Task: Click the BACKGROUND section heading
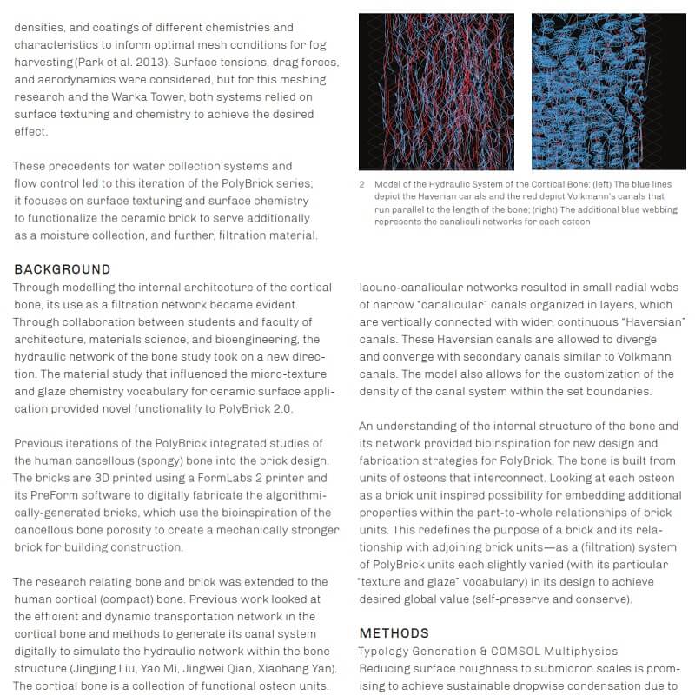[x=63, y=269]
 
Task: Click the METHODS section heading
[x=394, y=633]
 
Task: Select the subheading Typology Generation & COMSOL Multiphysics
[x=488, y=651]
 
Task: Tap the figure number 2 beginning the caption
[x=361, y=185]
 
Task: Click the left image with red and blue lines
[x=436, y=92]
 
